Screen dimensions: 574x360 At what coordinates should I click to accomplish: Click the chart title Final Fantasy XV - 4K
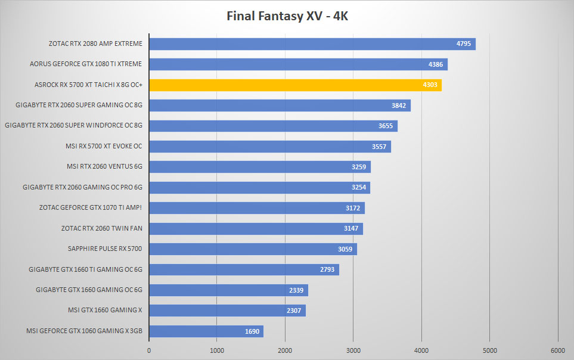[287, 16]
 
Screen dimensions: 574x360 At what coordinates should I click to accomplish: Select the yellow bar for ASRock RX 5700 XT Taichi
[296, 85]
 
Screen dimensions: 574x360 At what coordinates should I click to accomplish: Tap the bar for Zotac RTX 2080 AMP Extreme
[312, 44]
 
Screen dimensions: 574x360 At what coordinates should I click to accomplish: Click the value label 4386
[436, 64]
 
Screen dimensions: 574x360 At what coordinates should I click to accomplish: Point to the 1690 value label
[252, 331]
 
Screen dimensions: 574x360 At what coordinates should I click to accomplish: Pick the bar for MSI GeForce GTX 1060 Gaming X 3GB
[206, 331]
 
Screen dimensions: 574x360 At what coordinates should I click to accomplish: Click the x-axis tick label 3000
[353, 350]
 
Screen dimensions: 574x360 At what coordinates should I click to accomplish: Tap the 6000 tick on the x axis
[558, 350]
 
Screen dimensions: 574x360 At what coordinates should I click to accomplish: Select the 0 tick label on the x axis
[149, 350]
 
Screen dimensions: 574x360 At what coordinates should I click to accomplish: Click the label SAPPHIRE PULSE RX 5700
[105, 249]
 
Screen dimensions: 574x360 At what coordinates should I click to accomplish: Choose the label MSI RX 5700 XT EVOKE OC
[104, 146]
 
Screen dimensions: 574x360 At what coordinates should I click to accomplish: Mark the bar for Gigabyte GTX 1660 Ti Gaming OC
[244, 269]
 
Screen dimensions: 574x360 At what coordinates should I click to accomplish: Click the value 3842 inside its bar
[399, 105]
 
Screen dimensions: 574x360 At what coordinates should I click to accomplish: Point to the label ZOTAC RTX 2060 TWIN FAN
[102, 228]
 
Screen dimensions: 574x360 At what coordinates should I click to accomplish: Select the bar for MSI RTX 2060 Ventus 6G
[260, 167]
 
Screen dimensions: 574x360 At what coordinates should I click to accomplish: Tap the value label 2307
[294, 311]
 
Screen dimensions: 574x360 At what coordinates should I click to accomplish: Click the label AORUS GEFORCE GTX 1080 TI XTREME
[86, 64]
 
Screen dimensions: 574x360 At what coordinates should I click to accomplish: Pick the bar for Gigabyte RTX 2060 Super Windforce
[274, 126]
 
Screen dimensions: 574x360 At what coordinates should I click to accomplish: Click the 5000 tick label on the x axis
[490, 350]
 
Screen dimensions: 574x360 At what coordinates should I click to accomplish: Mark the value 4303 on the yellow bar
[430, 85]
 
